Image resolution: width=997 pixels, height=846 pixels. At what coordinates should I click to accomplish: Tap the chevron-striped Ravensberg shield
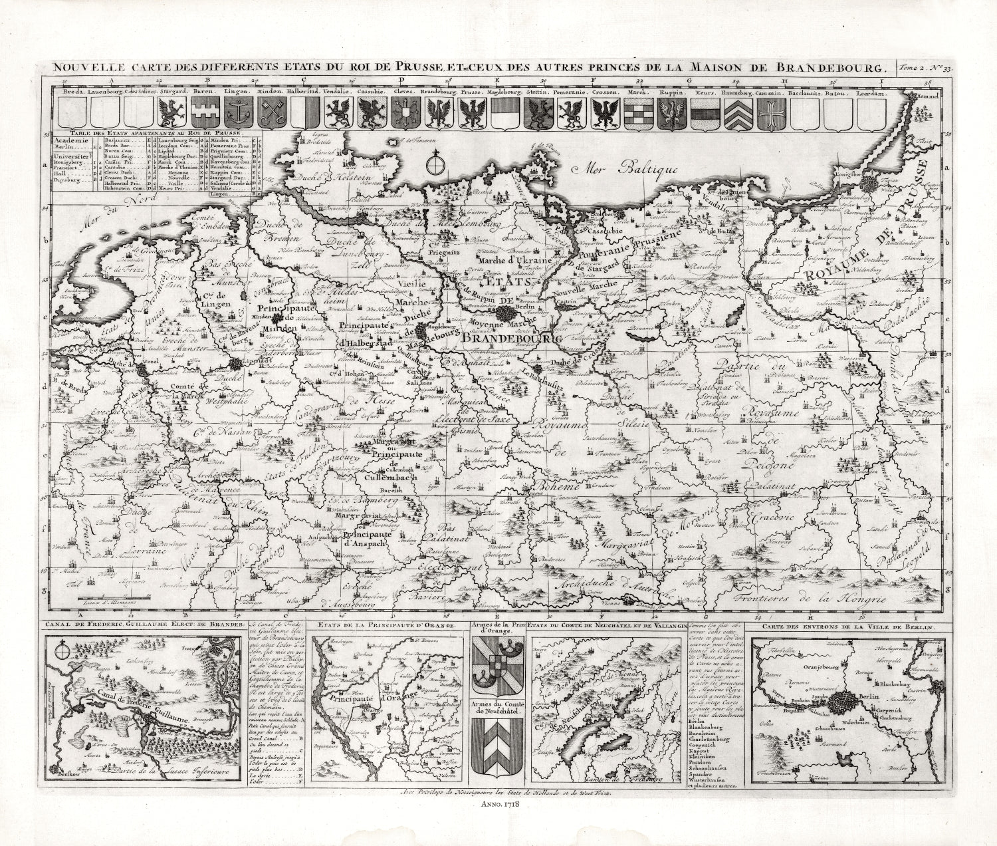[738, 112]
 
